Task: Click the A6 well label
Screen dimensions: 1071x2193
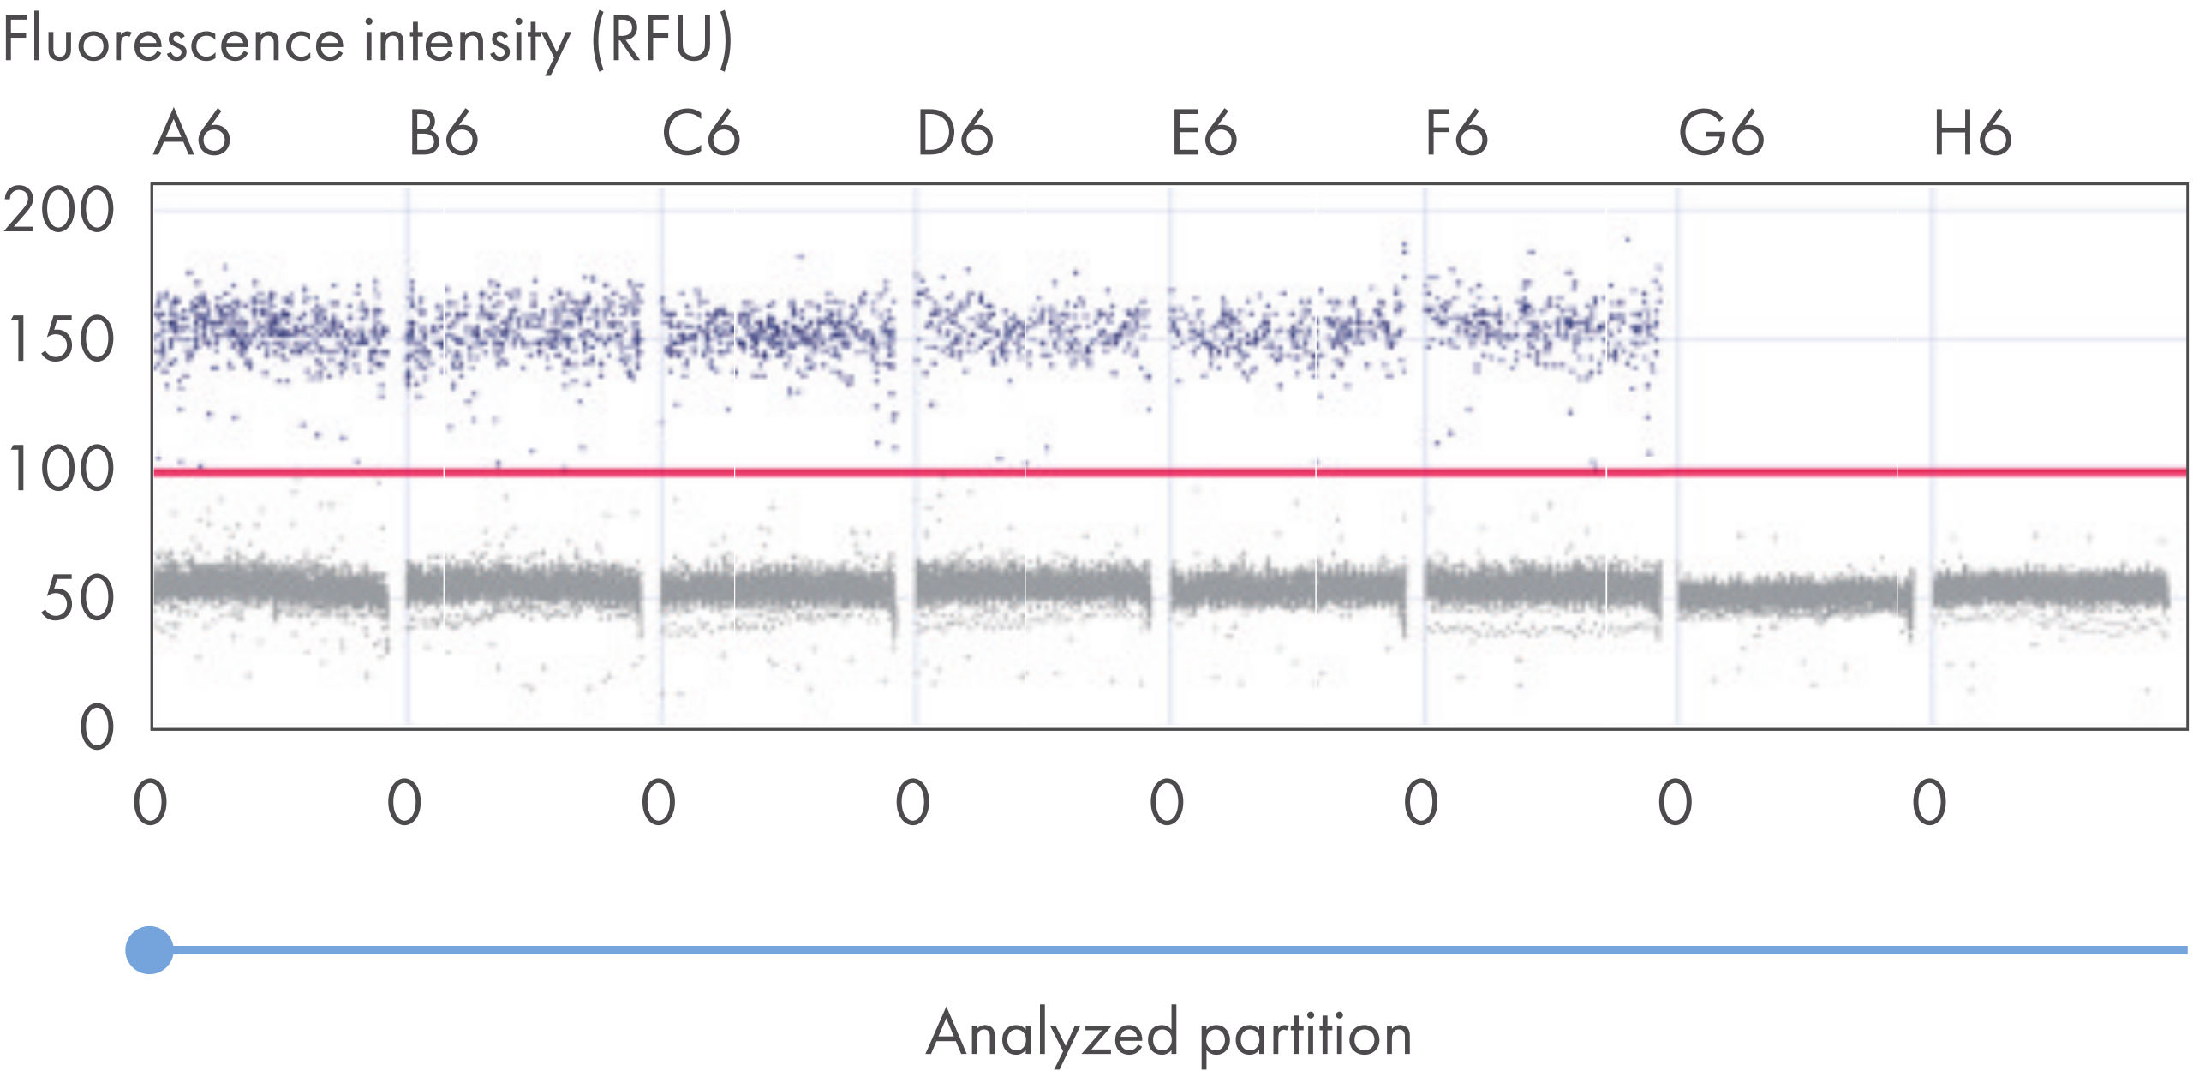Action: (x=193, y=135)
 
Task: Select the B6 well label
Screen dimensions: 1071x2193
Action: (x=443, y=135)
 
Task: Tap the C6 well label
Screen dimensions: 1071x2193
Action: (x=701, y=135)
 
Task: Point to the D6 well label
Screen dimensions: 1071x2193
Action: (x=954, y=135)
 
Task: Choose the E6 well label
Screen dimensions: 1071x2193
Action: (x=1204, y=135)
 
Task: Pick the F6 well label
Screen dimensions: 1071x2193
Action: (x=1456, y=135)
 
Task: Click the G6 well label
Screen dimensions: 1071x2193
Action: (x=1721, y=135)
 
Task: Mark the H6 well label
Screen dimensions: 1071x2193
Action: (x=1972, y=135)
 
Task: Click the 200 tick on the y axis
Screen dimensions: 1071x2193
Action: (x=58, y=210)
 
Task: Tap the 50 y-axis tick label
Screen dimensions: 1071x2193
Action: (x=77, y=599)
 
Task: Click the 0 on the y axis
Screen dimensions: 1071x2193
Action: (x=97, y=728)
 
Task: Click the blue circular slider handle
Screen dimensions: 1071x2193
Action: (x=149, y=949)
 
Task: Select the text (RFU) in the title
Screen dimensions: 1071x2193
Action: (x=662, y=40)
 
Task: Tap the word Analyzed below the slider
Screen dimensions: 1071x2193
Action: (x=1053, y=1034)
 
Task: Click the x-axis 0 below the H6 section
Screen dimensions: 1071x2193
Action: (x=1929, y=803)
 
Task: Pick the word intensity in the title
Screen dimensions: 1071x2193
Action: (x=466, y=41)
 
